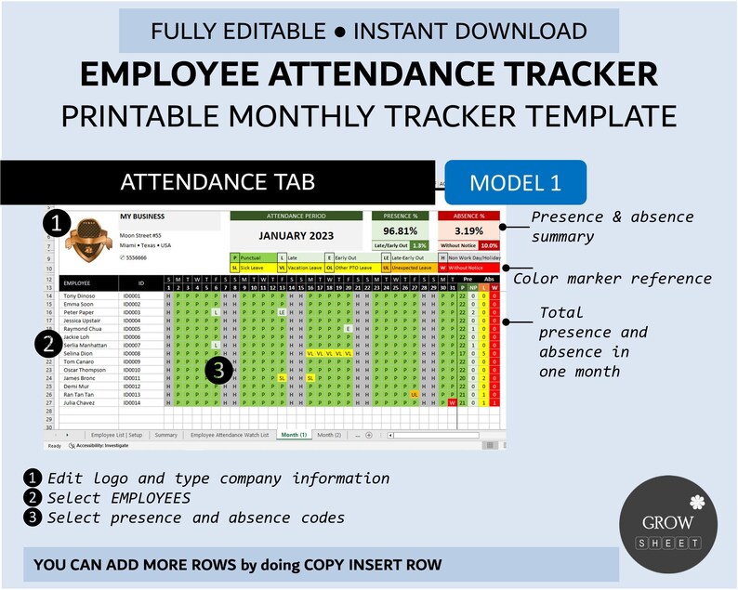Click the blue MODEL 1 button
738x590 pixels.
tap(515, 182)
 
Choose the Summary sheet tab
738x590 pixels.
tap(165, 435)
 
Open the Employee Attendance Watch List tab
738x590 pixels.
tap(230, 435)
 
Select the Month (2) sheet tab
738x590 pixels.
tap(329, 435)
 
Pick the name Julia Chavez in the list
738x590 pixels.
tap(80, 402)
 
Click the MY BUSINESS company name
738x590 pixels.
tap(142, 216)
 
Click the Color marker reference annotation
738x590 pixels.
tap(613, 278)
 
